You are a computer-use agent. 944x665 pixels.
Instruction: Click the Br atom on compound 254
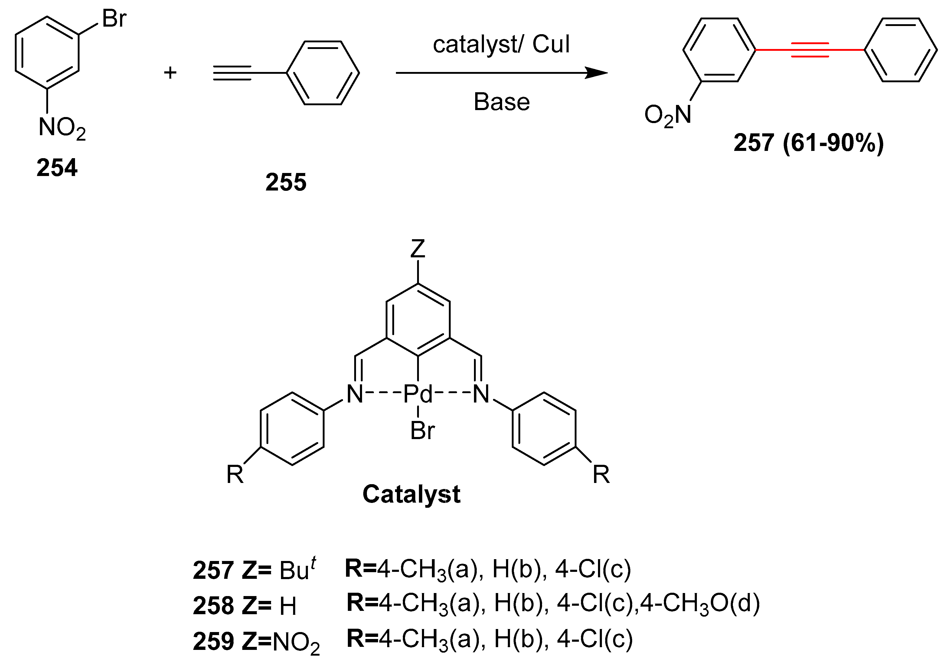click(x=114, y=19)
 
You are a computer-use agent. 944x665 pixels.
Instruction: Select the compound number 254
click(x=57, y=168)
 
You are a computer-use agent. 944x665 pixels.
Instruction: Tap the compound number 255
click(x=286, y=182)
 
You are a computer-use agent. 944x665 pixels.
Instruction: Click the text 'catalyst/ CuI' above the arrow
click(x=501, y=44)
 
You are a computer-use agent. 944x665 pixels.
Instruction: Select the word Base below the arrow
click(x=501, y=102)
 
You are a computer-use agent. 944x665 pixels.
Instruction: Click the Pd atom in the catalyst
click(x=418, y=394)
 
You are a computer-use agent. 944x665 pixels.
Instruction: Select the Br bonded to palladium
click(x=422, y=431)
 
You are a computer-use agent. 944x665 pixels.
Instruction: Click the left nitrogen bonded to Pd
click(x=355, y=394)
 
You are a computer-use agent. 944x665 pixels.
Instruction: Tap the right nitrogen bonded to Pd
click(x=481, y=394)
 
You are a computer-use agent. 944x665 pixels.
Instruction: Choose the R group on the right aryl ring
click(x=601, y=474)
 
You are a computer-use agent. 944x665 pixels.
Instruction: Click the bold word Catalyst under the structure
click(x=411, y=494)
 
